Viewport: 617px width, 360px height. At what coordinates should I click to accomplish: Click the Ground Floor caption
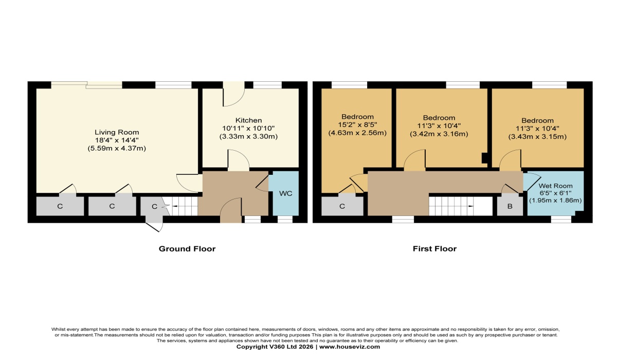(187, 249)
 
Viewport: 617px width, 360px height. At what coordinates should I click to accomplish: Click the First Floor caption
(434, 249)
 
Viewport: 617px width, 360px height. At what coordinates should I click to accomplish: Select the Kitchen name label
(249, 120)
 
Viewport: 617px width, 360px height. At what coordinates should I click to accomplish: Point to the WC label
(286, 193)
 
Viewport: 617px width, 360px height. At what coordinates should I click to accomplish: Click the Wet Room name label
(555, 186)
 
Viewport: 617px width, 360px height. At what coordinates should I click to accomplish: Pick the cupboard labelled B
(510, 206)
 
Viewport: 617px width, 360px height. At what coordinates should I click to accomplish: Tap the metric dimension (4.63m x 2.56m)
(357, 133)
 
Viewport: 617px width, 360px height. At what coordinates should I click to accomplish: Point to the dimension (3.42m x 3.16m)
(439, 135)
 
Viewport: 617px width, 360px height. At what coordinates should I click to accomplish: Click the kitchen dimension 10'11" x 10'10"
(249, 129)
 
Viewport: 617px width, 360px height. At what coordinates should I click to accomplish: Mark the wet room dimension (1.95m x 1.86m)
(555, 201)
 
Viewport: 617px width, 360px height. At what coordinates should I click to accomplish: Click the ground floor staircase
(185, 207)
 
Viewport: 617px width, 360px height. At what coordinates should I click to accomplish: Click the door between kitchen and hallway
(239, 161)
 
